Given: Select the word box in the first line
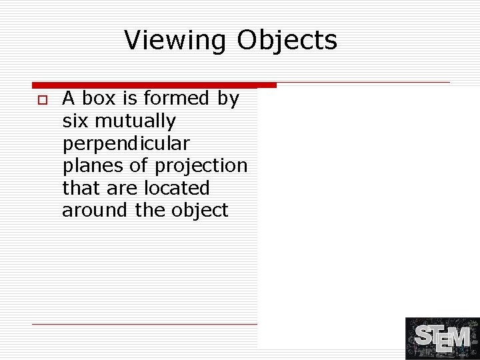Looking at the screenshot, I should [97, 99].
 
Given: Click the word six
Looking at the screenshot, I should [75, 121].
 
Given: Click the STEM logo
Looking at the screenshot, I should [442, 339].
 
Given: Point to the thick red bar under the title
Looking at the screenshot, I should [154, 85].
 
